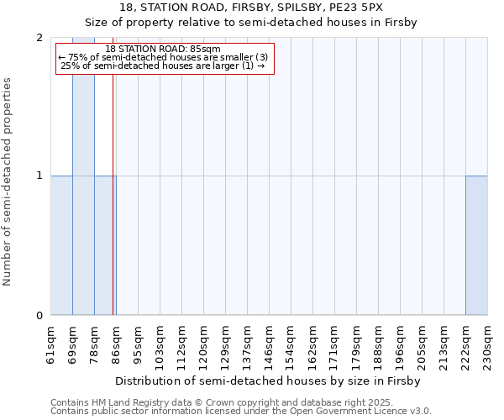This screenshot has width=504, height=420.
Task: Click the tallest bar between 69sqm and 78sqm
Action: coord(83,176)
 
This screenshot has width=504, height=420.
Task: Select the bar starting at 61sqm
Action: coord(61,245)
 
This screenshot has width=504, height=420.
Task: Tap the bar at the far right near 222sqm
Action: coord(476,245)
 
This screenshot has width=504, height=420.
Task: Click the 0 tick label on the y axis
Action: coord(39,316)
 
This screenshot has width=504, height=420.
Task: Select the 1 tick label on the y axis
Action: coord(39,176)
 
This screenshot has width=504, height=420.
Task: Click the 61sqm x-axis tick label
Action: coord(51,345)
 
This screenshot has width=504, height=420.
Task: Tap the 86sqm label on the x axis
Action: coord(117,345)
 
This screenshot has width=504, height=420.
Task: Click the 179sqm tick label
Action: coord(357,345)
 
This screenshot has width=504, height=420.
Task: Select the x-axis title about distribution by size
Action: coord(269,381)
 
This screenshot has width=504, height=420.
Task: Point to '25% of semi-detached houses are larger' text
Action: coord(164,66)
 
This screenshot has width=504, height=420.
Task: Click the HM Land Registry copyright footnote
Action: coord(228,402)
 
